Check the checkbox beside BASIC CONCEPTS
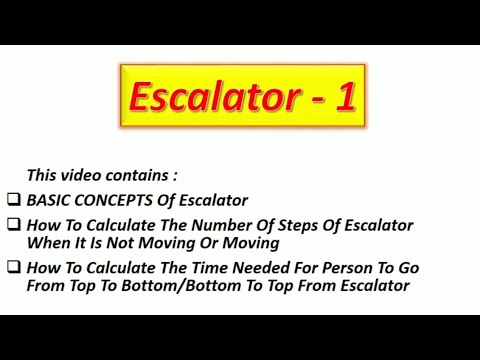(x=13, y=200)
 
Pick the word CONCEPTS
(x=112, y=200)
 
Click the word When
(x=47, y=242)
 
